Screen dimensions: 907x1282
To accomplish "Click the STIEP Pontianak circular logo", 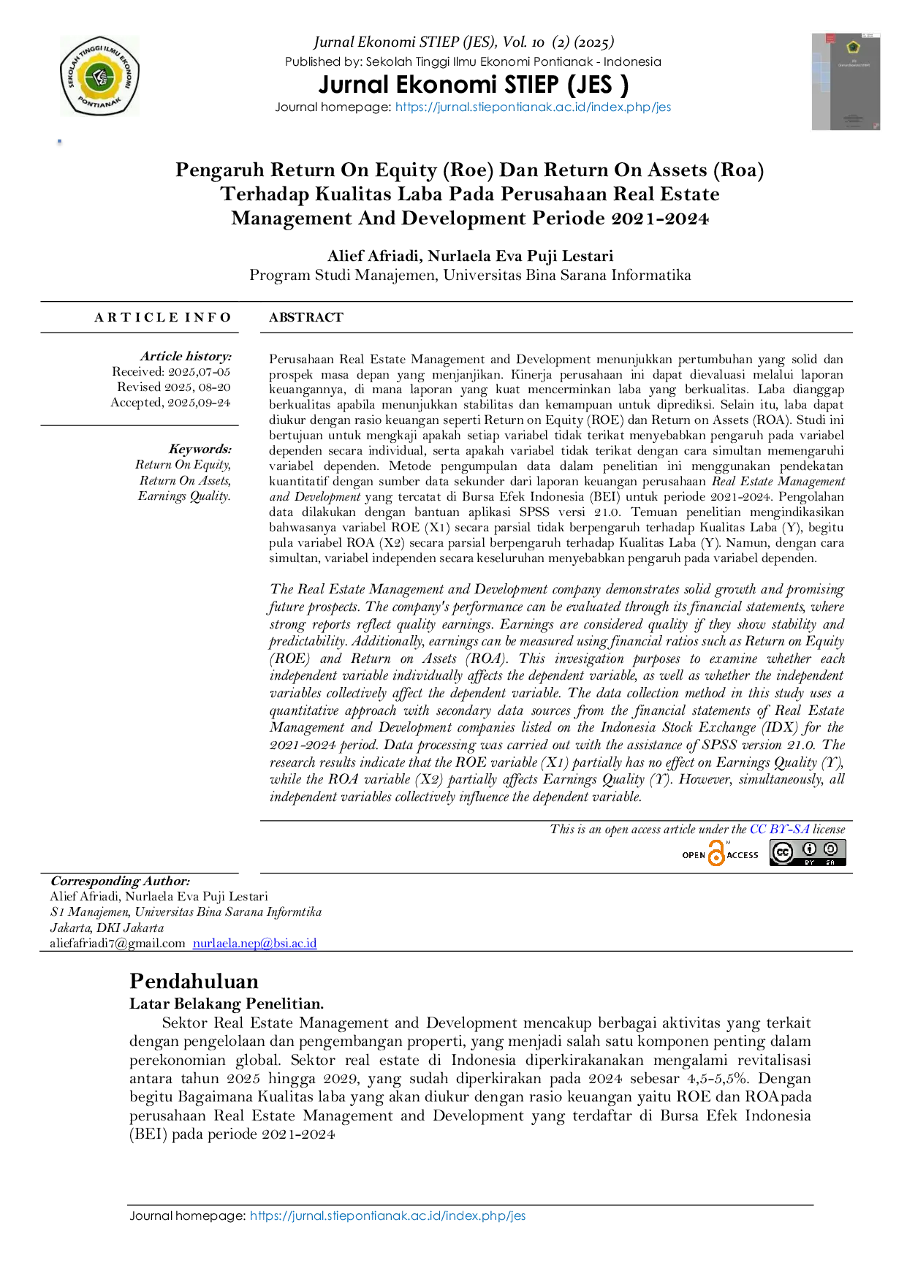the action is (99, 76).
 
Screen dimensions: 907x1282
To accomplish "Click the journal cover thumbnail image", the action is (846, 82).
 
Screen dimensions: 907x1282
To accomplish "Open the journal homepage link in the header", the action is (533, 107).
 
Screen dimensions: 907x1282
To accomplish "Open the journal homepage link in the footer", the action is (387, 1215).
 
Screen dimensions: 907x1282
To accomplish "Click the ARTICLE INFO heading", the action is (162, 317).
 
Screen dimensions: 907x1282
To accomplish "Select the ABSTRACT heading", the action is (306, 317).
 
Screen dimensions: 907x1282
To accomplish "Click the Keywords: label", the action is (200, 449).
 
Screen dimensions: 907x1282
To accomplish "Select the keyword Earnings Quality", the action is (184, 496).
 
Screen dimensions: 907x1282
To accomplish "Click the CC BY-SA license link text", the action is (780, 829).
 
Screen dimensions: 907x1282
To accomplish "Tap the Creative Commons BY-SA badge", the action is (808, 853).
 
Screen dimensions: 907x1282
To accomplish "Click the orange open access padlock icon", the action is (716, 854).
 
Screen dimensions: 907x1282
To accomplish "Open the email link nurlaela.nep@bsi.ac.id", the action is (254, 943).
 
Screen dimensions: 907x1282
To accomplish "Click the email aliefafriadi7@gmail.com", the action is (118, 943).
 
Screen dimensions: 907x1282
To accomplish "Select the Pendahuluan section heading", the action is (194, 981).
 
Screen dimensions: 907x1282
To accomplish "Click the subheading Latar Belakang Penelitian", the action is (227, 1004).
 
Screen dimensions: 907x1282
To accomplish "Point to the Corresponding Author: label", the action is (120, 881).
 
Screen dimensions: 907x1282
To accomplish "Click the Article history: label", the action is (186, 356).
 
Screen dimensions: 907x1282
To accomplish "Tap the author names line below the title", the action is (470, 256).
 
